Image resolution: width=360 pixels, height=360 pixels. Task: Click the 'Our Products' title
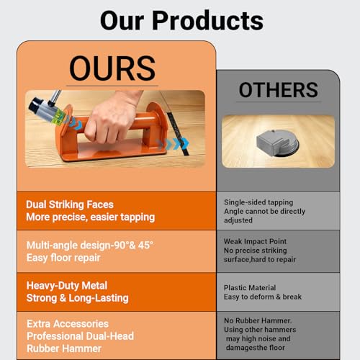[181, 21]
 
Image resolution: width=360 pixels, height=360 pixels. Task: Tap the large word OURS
[112, 68]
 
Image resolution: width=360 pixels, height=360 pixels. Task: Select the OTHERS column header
[279, 90]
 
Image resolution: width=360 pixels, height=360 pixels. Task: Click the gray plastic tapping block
[278, 143]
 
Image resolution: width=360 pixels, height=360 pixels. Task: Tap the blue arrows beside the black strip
[174, 143]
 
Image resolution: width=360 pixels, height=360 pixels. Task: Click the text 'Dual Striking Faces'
[70, 204]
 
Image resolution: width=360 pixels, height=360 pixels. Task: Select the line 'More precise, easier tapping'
[91, 217]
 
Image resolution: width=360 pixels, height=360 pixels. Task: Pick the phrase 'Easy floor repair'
[63, 258]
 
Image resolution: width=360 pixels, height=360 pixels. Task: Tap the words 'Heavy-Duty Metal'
[67, 286]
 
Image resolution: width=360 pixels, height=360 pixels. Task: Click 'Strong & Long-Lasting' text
[77, 298]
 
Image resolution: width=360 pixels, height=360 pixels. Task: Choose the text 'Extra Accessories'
[68, 324]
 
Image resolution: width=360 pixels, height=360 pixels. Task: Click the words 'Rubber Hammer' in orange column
[64, 348]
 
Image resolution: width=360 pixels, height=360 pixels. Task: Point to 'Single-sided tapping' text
[258, 202]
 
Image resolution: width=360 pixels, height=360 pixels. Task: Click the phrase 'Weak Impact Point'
[255, 241]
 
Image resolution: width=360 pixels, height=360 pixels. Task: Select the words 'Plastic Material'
[250, 287]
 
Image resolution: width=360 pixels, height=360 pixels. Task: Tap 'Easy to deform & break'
[263, 297]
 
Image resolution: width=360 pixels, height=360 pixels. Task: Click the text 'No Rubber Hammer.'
[258, 320]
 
